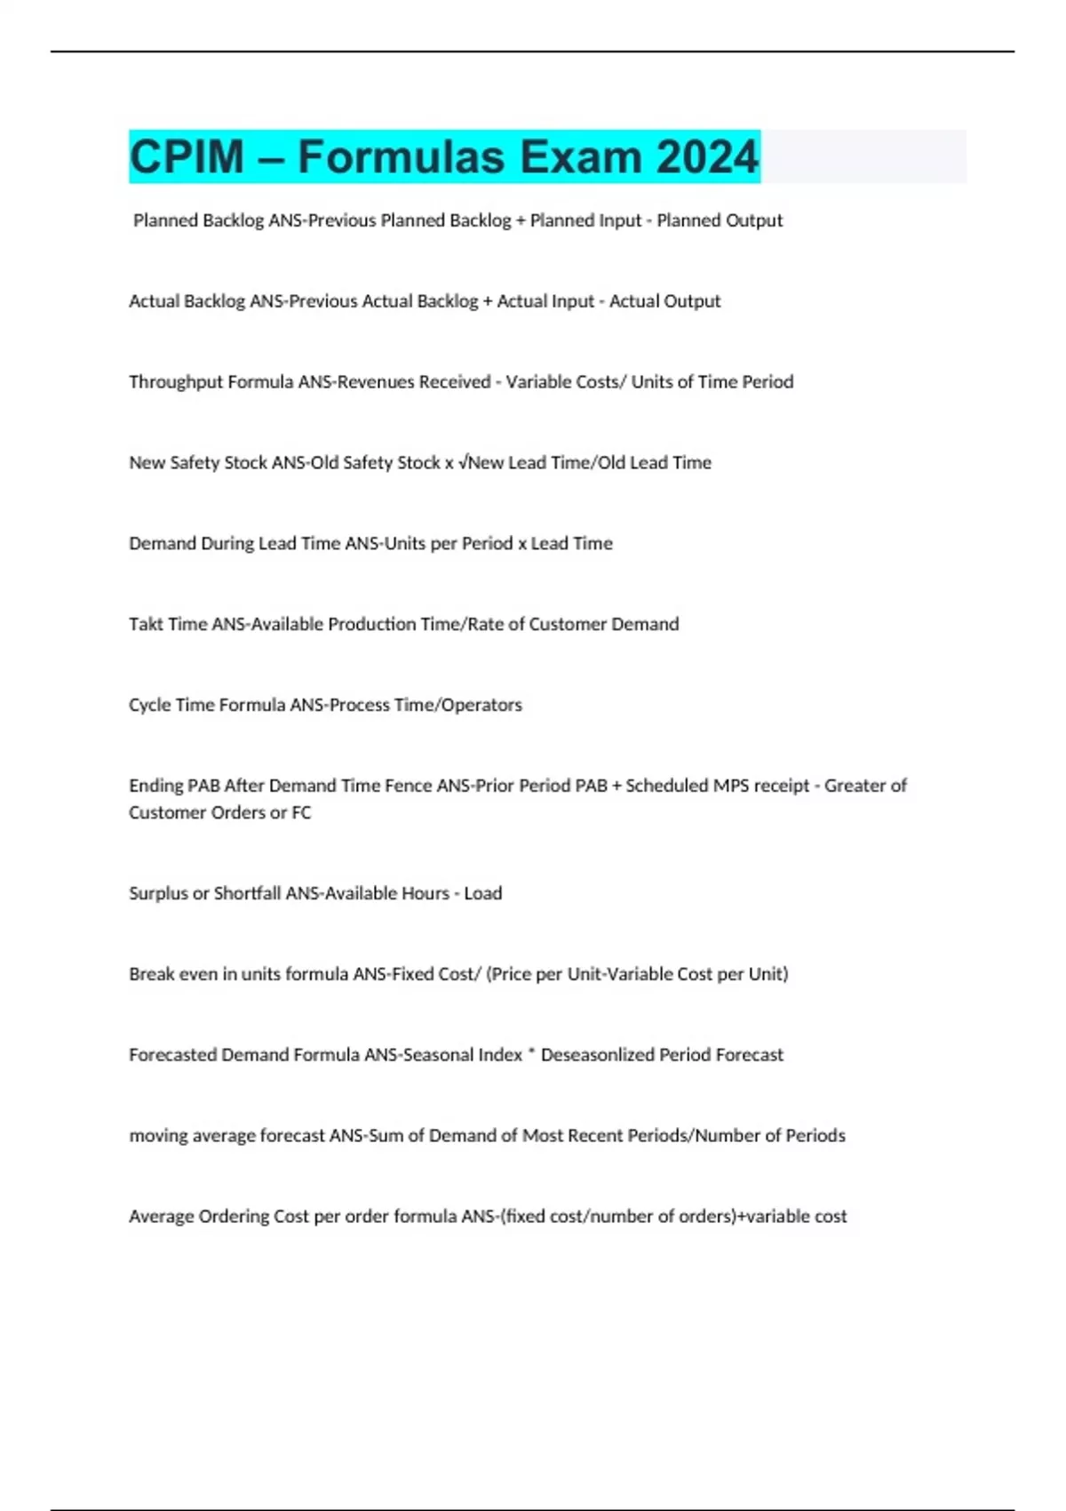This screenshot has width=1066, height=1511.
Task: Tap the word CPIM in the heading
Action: pyautogui.click(x=187, y=156)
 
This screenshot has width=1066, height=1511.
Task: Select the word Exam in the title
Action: pyautogui.click(x=580, y=156)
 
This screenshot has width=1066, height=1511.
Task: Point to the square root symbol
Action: pyautogui.click(x=463, y=462)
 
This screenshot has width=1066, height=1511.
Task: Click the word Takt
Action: pyautogui.click(x=146, y=624)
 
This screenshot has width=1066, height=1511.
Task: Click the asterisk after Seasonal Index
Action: pyautogui.click(x=531, y=1053)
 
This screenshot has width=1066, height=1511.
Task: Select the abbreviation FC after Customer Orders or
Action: pyautogui.click(x=301, y=812)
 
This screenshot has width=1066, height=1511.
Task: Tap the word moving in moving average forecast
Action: pyautogui.click(x=158, y=1136)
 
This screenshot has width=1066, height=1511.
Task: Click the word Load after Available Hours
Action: pyautogui.click(x=483, y=893)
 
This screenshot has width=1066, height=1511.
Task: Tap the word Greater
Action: pyautogui.click(x=855, y=786)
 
